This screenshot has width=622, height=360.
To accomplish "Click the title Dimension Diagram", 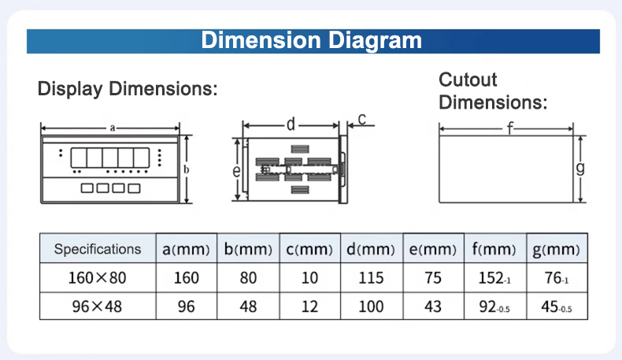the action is [312, 40].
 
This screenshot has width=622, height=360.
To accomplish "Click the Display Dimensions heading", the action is [128, 88].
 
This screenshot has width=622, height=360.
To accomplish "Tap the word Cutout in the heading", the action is [468, 80].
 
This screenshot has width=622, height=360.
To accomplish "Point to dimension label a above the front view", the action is [113, 128].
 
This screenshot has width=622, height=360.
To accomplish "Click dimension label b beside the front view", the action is [186, 169].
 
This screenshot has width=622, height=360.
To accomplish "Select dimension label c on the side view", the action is [361, 119].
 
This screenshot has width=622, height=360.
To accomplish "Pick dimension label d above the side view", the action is [291, 124].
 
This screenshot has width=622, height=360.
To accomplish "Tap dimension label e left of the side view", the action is [236, 171].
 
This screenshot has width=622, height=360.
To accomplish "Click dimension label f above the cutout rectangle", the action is [510, 128].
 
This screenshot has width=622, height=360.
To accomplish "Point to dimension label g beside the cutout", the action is [580, 169].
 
